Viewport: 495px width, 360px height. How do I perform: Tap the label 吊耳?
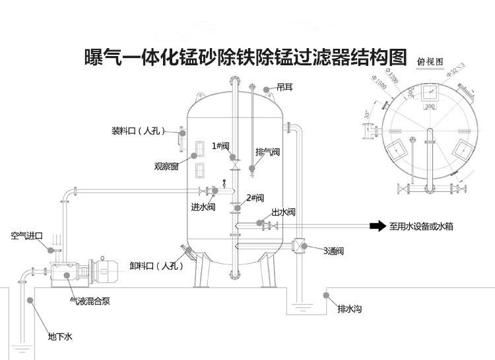point(285,86)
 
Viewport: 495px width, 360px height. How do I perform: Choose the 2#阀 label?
point(255,198)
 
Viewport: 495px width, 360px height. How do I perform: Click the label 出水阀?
point(282,212)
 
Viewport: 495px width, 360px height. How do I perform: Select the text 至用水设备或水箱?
point(430,226)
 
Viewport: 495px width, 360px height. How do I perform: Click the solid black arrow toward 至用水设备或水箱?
point(377,226)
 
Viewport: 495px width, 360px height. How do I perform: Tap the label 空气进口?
point(26,235)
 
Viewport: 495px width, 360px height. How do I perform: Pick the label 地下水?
point(59,337)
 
